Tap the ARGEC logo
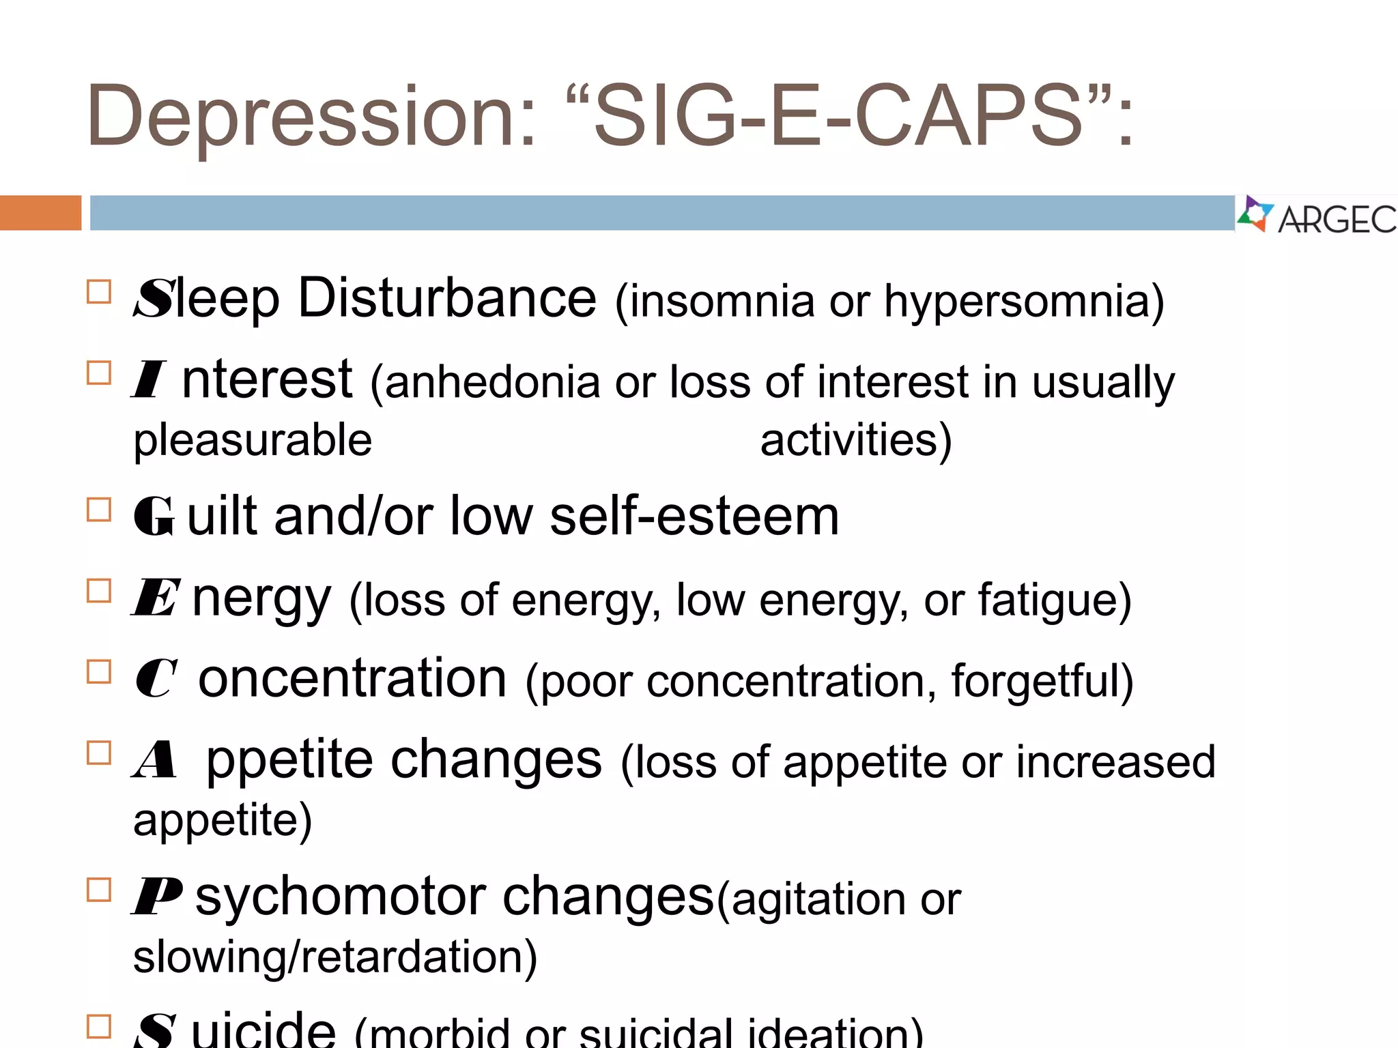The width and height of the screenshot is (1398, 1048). [1317, 216]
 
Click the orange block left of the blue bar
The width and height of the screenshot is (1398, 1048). [40, 213]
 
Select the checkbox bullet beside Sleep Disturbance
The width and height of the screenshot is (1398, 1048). [99, 292]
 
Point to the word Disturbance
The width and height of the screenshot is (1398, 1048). [447, 299]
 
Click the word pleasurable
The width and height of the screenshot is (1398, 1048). [253, 440]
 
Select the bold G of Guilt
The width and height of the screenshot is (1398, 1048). [154, 516]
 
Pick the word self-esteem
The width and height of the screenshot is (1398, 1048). [694, 516]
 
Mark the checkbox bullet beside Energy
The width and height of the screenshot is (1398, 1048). [99, 591]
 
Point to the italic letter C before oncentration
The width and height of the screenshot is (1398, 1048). [156, 678]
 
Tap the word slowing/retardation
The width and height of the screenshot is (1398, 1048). [335, 957]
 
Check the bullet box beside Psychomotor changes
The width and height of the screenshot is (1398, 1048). [99, 890]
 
